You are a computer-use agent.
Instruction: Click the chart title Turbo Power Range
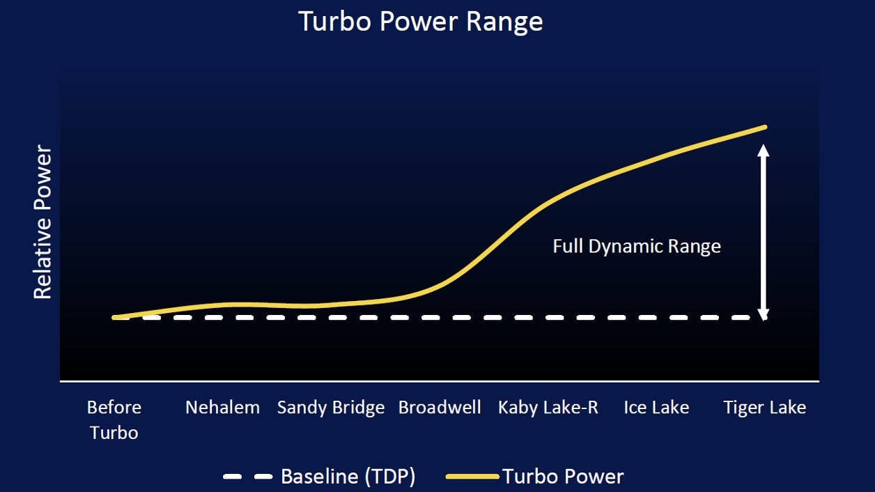point(421,22)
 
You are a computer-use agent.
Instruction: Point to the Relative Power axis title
point(43,222)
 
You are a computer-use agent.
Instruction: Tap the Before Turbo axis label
point(114,420)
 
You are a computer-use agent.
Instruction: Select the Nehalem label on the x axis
point(223,408)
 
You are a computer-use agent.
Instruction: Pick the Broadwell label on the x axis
point(440,407)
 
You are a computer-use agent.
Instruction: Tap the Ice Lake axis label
point(656,408)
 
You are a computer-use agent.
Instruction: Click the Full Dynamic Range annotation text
point(637,247)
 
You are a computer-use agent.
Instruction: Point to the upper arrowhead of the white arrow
point(764,151)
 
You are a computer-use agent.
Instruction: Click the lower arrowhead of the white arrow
point(764,314)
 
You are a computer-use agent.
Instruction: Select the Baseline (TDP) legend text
point(348,477)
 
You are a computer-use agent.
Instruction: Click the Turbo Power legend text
point(563,477)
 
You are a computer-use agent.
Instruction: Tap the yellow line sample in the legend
point(472,477)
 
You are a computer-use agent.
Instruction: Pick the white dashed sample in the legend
point(247,477)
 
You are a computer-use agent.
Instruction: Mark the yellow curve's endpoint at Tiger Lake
point(765,127)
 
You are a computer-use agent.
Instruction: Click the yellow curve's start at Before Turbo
point(114,317)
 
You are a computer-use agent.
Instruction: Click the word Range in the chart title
point(504,22)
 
